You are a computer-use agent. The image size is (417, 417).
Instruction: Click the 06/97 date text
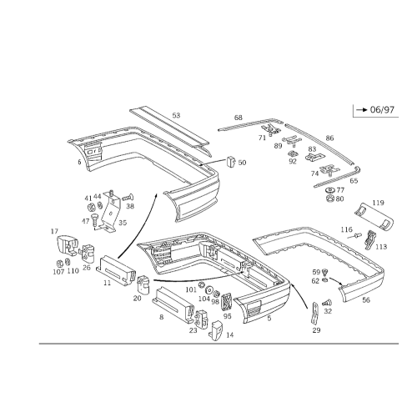[382, 110]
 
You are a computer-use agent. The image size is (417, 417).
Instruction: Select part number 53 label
[176, 115]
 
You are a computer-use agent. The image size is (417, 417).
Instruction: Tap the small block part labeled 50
[231, 162]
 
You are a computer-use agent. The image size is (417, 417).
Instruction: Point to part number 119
[378, 203]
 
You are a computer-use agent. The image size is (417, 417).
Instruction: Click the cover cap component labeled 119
[374, 216]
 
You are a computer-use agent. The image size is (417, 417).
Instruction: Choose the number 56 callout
[366, 300]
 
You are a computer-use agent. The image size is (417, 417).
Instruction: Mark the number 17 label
[54, 231]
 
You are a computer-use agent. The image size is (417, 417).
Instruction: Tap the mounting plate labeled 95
[226, 303]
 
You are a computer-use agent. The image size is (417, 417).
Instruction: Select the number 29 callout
[316, 330]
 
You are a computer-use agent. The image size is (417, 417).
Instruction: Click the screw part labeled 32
[328, 303]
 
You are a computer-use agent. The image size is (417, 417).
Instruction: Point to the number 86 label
[329, 138]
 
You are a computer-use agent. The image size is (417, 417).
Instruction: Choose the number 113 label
[381, 247]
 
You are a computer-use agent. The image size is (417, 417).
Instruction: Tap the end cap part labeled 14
[217, 331]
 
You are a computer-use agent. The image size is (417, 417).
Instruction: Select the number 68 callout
[239, 118]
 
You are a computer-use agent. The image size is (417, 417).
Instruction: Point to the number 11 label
[108, 283]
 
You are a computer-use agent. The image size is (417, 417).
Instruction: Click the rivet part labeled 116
[354, 236]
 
